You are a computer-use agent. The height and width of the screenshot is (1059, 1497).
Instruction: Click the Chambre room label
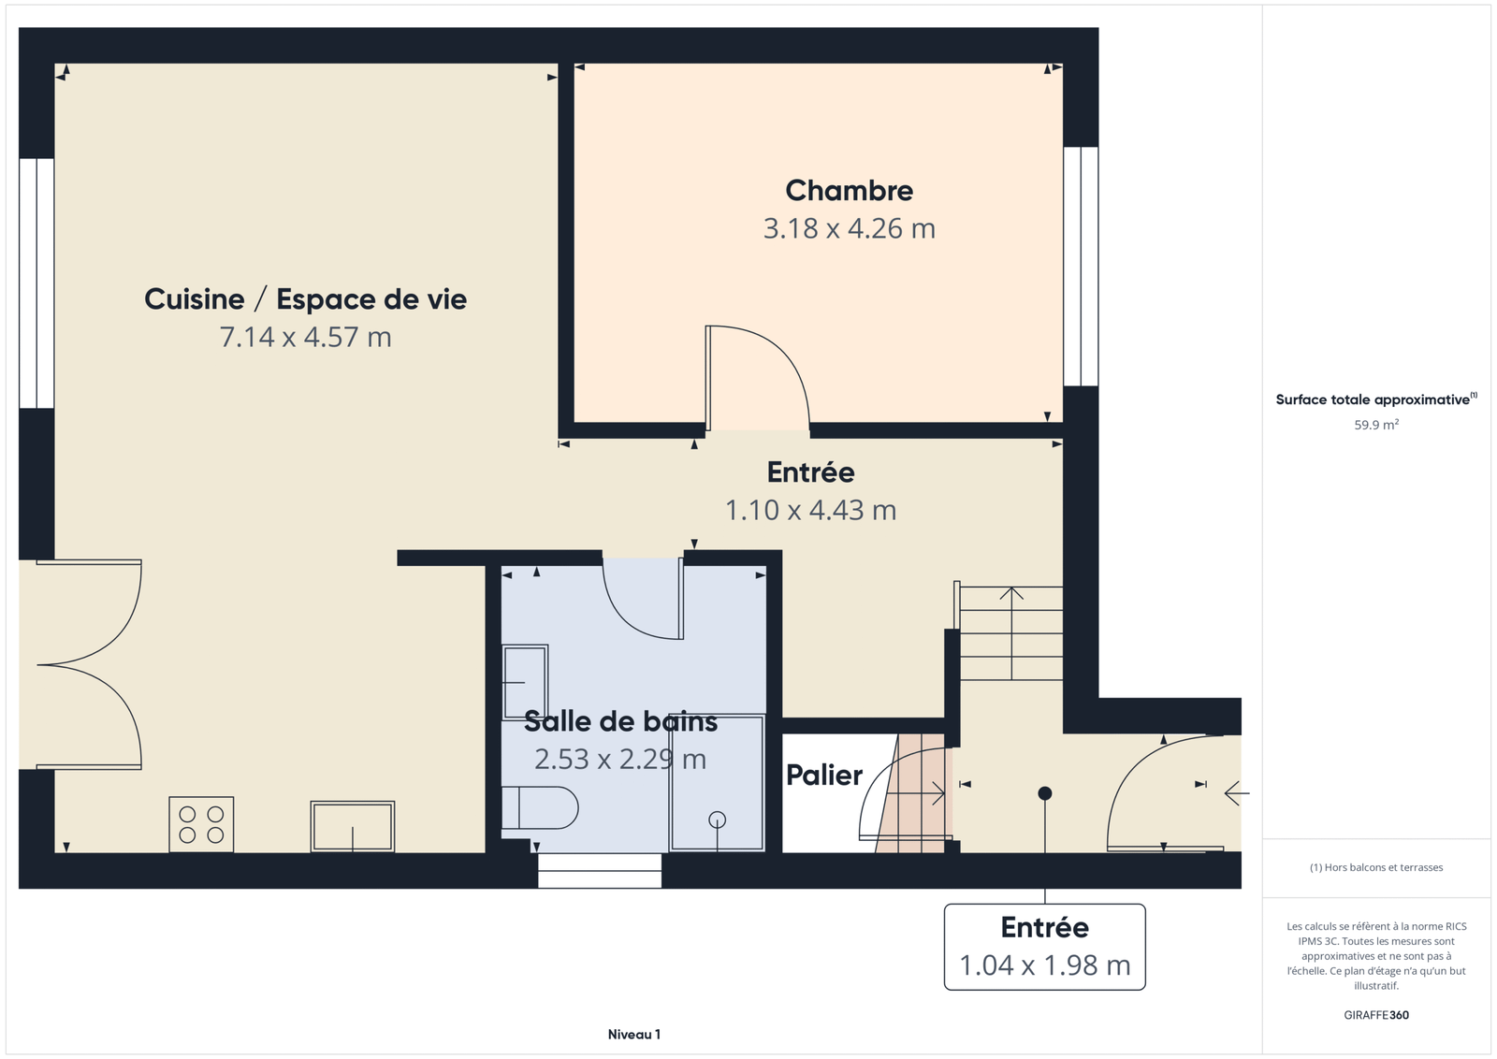tap(849, 191)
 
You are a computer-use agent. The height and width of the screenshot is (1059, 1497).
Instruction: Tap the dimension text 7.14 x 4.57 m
tap(305, 338)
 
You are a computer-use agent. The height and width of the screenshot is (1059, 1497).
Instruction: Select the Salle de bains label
tap(621, 721)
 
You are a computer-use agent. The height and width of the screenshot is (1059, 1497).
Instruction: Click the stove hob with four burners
tap(201, 824)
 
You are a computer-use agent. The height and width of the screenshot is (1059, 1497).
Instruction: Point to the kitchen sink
tap(352, 826)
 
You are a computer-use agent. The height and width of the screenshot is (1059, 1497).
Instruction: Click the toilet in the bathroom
tap(539, 807)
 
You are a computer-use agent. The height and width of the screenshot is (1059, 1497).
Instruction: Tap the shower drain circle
tap(717, 820)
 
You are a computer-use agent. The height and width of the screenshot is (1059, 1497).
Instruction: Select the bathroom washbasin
tap(525, 681)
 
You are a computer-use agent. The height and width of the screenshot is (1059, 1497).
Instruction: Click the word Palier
tap(824, 776)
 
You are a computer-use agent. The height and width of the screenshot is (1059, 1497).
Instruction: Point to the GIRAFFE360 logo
tap(1376, 1015)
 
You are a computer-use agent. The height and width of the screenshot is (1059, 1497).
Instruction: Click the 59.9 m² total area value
tap(1376, 425)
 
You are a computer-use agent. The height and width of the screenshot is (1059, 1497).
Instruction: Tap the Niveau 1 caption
tap(634, 1035)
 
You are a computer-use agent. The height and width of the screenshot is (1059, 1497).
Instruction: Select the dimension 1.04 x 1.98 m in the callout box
tap(1044, 965)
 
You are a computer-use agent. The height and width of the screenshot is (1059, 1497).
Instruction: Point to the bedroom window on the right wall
tap(1081, 267)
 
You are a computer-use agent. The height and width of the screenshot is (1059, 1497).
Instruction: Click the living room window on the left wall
tap(36, 283)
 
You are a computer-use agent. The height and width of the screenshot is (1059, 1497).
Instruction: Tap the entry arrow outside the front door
tap(1236, 793)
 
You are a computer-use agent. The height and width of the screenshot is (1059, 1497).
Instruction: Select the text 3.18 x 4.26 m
tap(849, 229)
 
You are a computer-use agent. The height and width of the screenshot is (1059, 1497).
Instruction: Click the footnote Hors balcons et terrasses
tap(1376, 867)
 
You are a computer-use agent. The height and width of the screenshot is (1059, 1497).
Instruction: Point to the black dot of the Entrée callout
tap(1045, 793)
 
